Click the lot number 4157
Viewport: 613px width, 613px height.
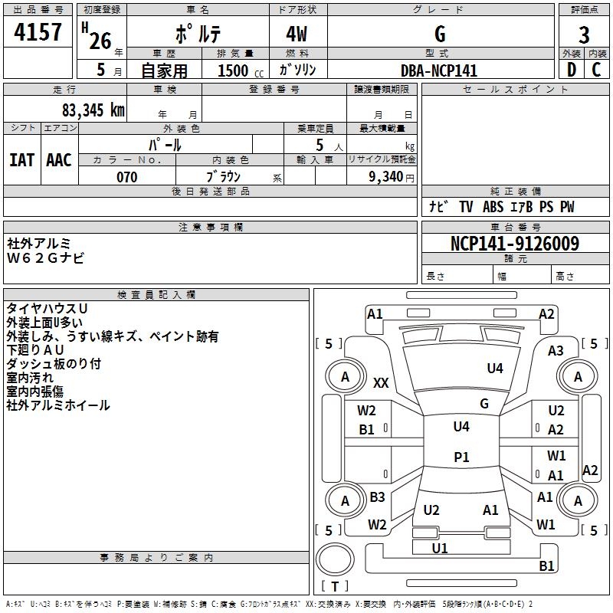tap(38, 32)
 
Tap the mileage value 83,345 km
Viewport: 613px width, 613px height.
tap(93, 110)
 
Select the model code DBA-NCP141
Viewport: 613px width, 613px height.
tap(439, 70)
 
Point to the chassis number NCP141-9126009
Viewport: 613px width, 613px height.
tap(515, 244)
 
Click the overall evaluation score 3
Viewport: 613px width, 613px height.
tap(584, 35)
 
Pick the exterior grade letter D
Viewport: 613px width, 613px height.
tap(572, 70)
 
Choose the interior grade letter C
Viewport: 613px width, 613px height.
tap(596, 70)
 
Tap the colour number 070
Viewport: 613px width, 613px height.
tap(127, 177)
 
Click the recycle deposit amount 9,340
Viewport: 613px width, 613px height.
tap(385, 177)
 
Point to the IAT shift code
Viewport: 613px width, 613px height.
tap(21, 160)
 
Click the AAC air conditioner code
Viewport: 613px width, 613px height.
tap(59, 160)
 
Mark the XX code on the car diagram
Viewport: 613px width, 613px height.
tap(381, 382)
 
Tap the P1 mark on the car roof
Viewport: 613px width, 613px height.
tap(461, 457)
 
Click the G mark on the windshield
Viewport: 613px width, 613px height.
tap(484, 403)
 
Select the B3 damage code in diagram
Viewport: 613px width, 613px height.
tap(377, 497)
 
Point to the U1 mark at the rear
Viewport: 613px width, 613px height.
tap(439, 548)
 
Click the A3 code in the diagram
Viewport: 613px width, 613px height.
tap(556, 351)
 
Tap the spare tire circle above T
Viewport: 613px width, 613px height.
tap(335, 559)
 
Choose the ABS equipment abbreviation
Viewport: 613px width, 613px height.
tap(493, 207)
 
